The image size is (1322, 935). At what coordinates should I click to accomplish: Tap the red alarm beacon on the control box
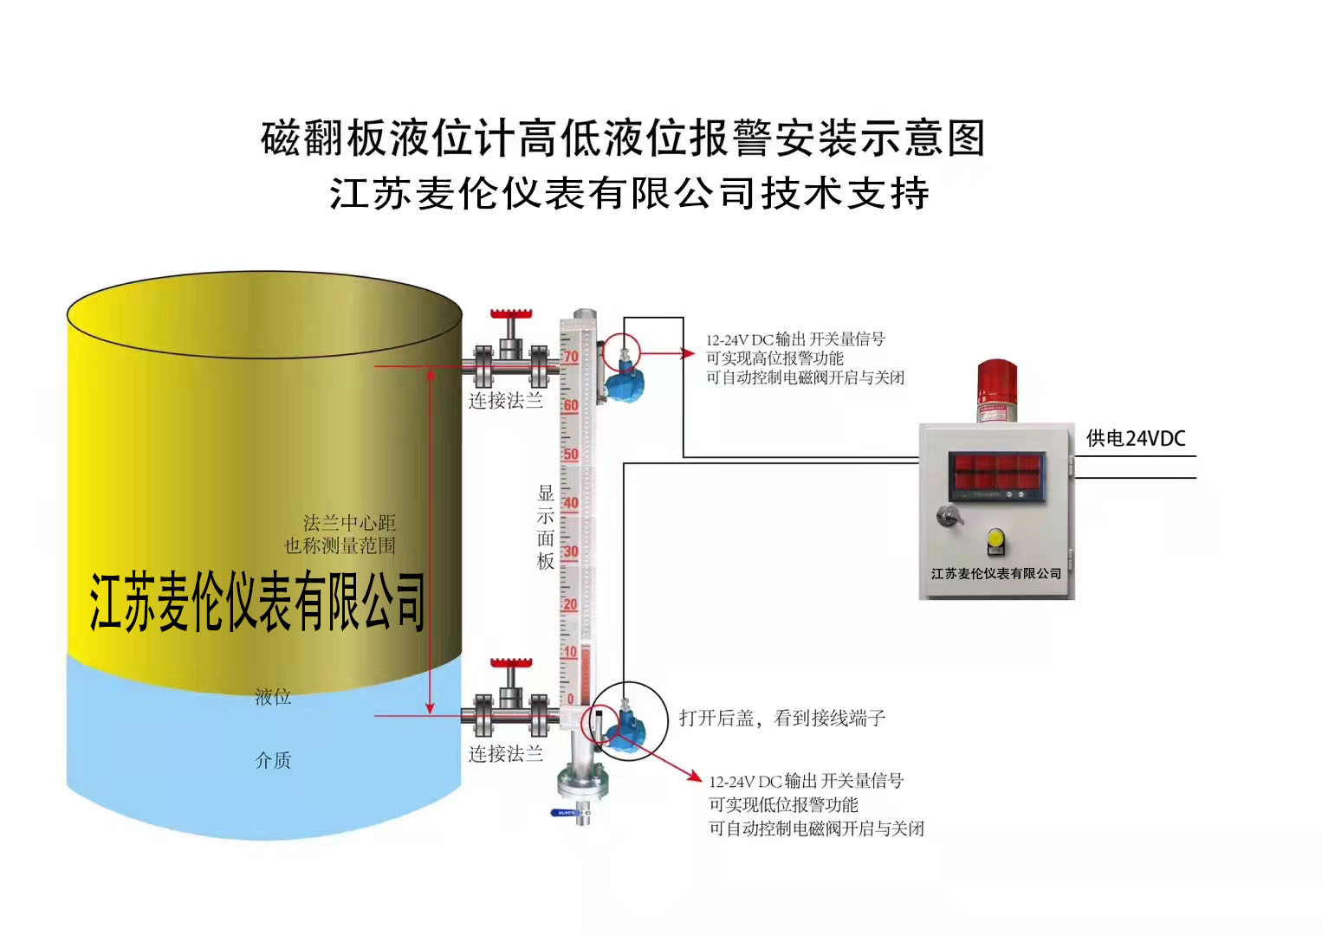pyautogui.click(x=997, y=388)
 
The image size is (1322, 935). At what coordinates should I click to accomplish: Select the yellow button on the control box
pyautogui.click(x=995, y=541)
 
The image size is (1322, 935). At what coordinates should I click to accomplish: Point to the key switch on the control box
pyautogui.click(x=948, y=517)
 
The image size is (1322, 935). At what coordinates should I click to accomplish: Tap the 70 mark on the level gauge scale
pyautogui.click(x=570, y=357)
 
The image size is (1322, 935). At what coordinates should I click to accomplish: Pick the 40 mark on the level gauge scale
pyautogui.click(x=570, y=503)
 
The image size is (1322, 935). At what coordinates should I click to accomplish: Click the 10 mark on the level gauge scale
pyautogui.click(x=570, y=652)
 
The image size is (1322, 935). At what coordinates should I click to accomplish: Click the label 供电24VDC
pyautogui.click(x=1135, y=439)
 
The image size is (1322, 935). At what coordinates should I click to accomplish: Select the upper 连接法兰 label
pyautogui.click(x=506, y=401)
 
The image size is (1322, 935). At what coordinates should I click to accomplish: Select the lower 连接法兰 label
pyautogui.click(x=506, y=754)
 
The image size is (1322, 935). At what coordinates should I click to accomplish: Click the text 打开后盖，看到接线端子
pyautogui.click(x=781, y=718)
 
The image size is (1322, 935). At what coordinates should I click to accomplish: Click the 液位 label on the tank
pyautogui.click(x=273, y=697)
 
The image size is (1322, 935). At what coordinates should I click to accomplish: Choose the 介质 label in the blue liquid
pyautogui.click(x=273, y=760)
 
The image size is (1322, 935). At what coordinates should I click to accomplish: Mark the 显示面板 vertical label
pyautogui.click(x=545, y=526)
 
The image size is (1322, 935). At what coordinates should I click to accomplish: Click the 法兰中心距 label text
pyautogui.click(x=349, y=523)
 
